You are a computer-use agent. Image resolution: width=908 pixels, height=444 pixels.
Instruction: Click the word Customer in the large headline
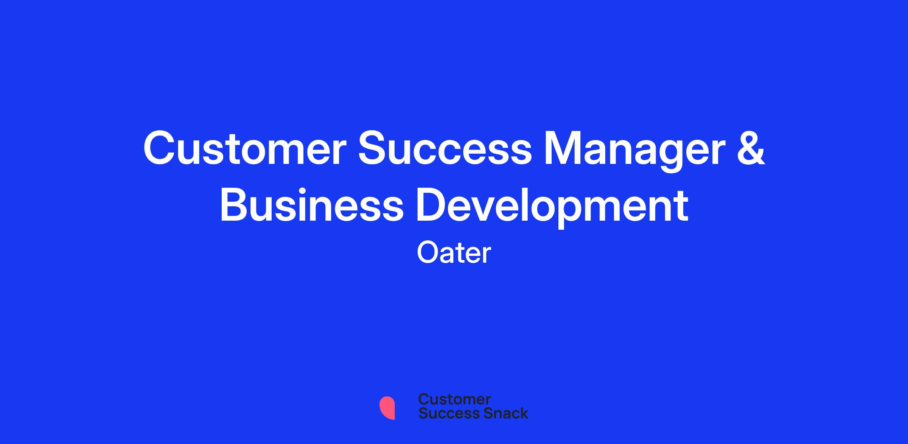coord(245,148)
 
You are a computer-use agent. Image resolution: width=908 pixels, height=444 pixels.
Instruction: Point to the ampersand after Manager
coord(750,148)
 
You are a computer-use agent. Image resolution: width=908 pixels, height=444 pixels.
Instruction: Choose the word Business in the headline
coord(312,204)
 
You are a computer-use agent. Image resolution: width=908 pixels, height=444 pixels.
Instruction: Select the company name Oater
coord(454,252)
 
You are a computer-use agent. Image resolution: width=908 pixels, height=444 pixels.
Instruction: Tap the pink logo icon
coord(387,408)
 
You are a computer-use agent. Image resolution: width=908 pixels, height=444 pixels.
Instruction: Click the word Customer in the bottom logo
coord(454,399)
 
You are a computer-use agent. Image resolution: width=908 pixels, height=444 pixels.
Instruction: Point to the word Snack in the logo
coord(501,413)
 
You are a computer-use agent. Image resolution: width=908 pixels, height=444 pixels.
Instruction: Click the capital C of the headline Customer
coord(160,148)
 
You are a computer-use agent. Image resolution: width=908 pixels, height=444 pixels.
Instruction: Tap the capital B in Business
coord(234,204)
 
